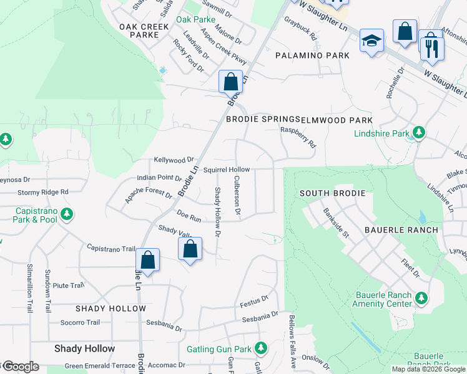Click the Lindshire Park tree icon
[419, 133]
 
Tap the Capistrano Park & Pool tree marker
[66, 215]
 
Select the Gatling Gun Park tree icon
[263, 348]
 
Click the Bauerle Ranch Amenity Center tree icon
[421, 299]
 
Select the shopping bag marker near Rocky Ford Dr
[230, 81]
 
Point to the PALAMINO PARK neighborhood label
[313, 56]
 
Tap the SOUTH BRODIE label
[332, 193]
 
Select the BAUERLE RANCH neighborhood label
[406, 230]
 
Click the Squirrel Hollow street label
[227, 170]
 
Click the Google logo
[20, 367]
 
